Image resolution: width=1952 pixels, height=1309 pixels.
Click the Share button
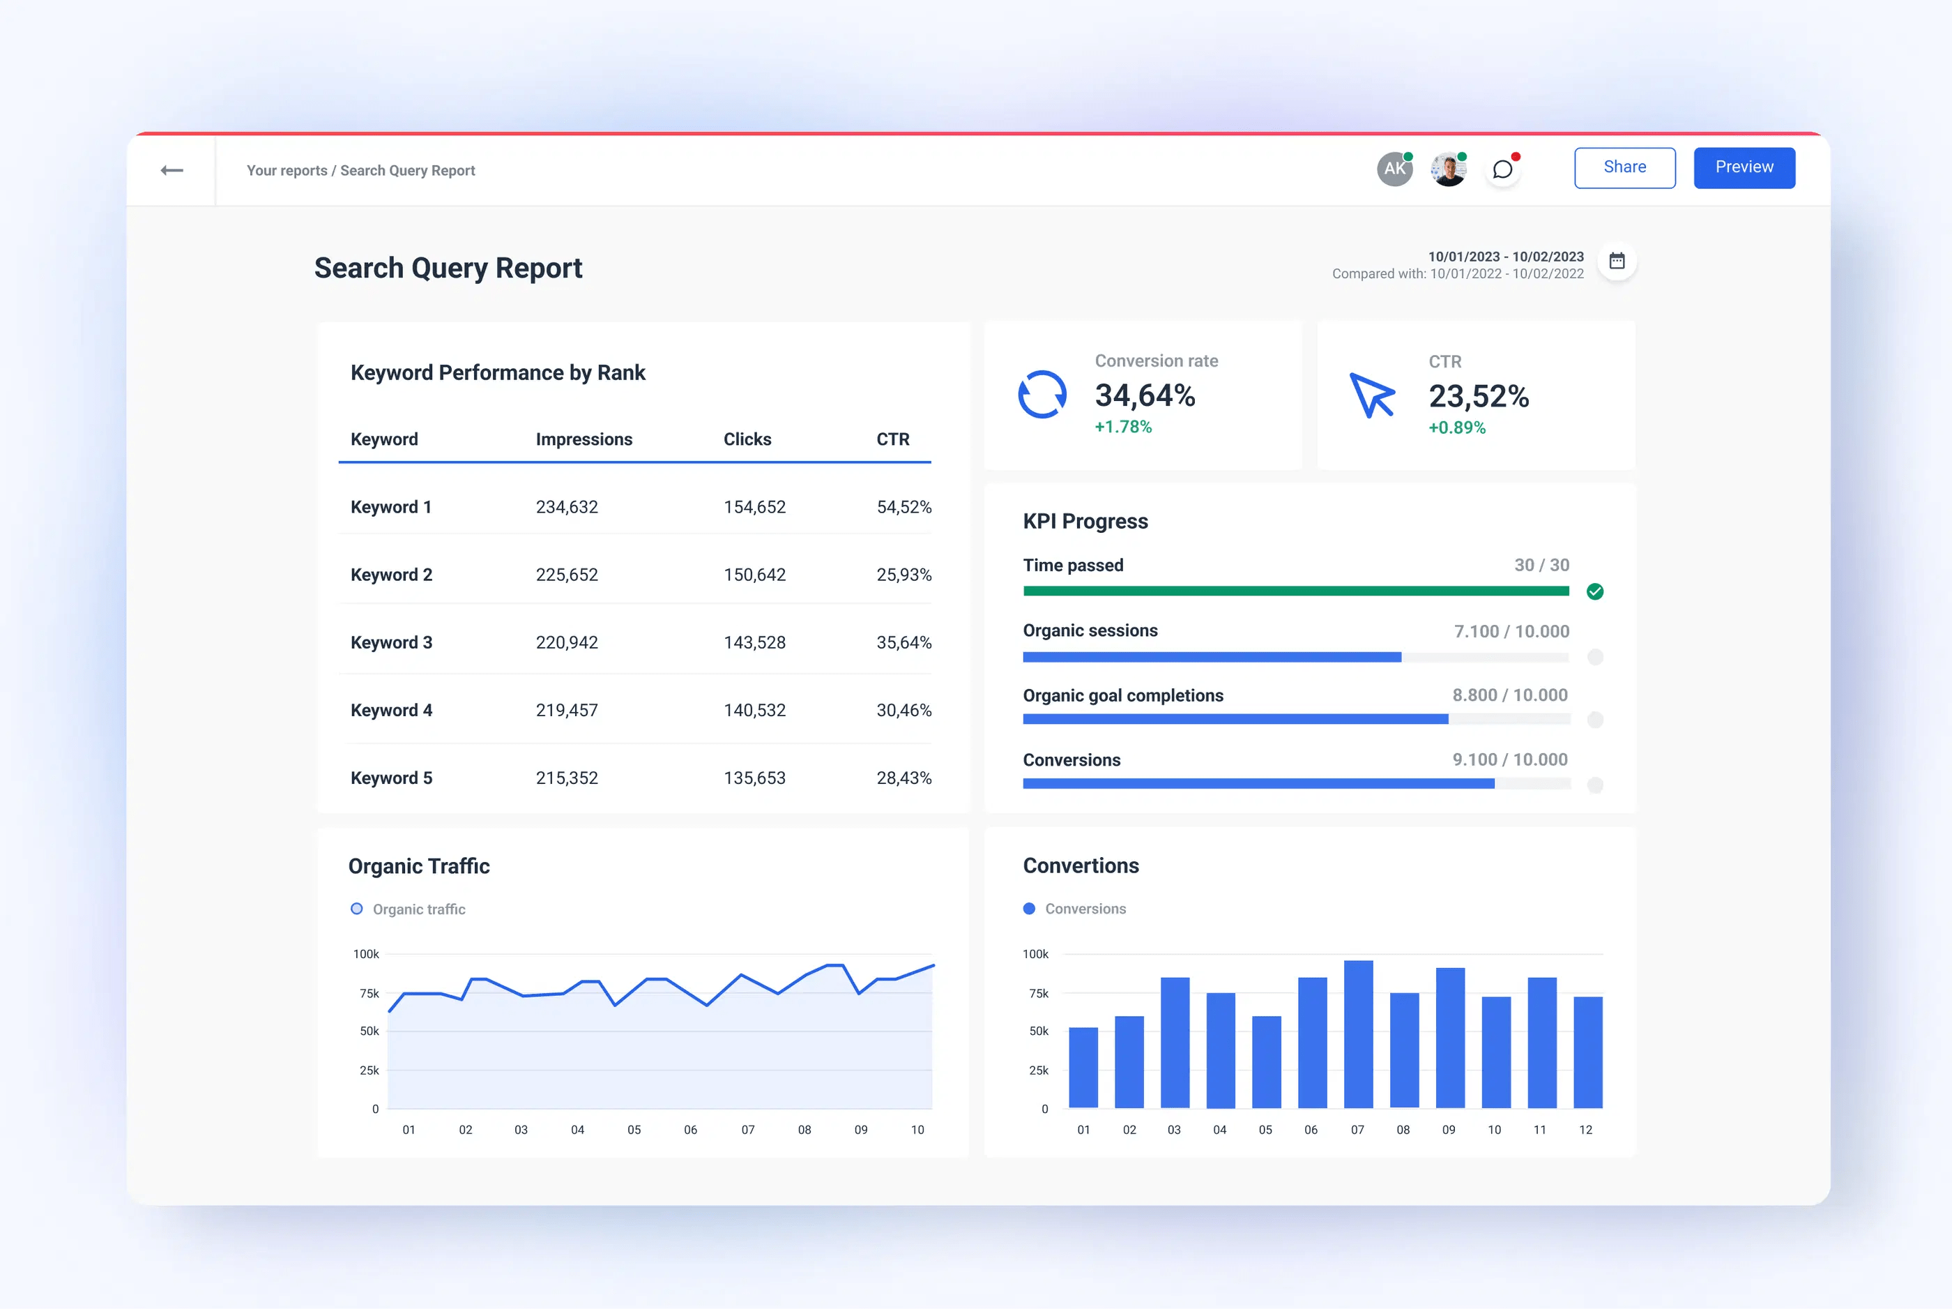1624,168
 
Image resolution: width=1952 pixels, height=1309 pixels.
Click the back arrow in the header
172,170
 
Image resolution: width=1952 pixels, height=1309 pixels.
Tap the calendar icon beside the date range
1617,262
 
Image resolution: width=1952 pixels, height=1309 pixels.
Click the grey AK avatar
1394,169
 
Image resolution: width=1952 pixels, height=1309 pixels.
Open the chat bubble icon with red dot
1502,170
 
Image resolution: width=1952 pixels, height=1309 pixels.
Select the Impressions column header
584,439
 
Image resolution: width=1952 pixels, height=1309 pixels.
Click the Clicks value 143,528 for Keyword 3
754,643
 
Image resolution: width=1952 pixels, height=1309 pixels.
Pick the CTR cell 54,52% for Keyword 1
903,508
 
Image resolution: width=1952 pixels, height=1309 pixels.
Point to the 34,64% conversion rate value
1144,395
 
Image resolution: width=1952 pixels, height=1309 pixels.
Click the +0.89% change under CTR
1456,428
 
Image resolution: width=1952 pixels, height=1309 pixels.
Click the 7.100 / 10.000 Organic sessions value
1511,632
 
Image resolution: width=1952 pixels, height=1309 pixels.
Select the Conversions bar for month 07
1358,1035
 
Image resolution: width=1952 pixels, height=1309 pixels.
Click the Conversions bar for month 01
1083,1068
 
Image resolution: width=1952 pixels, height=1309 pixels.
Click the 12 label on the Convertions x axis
1585,1130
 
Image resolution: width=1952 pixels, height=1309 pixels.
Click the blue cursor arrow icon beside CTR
1371,395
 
